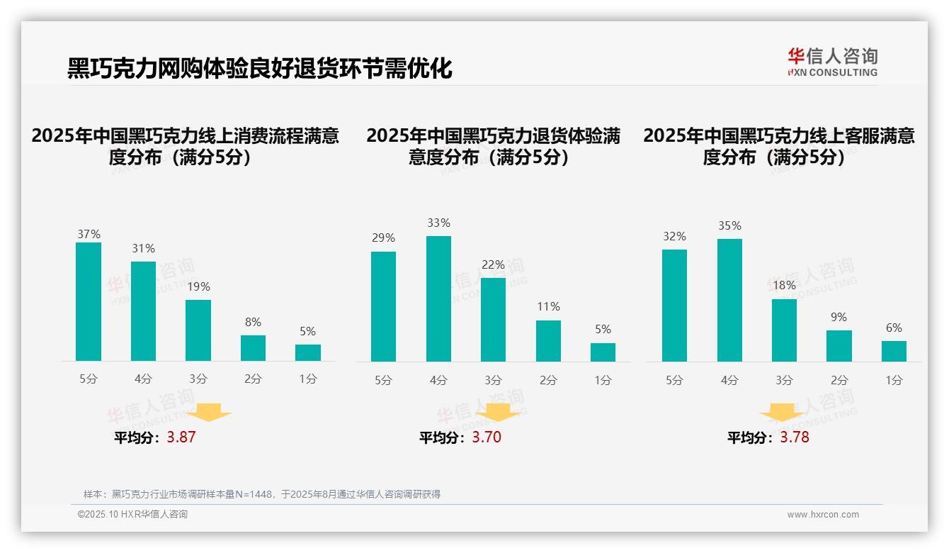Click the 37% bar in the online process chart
coord(89,301)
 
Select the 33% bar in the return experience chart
coord(438,298)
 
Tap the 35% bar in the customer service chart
coord(729,300)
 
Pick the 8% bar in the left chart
coord(253,348)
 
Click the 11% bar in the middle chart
coord(548,341)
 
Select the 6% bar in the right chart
coord(894,351)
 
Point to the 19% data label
coord(198,287)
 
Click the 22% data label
coord(494,265)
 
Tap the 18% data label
coord(784,286)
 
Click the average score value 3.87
coord(181,437)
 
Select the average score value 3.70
coord(487,437)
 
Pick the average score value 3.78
coord(795,437)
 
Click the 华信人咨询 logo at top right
coord(832,62)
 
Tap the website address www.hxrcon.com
coord(823,515)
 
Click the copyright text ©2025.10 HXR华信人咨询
coord(132,515)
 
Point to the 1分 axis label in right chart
coord(894,381)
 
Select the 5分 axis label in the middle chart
coord(383,381)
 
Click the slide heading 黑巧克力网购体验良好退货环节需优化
coord(259,69)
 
